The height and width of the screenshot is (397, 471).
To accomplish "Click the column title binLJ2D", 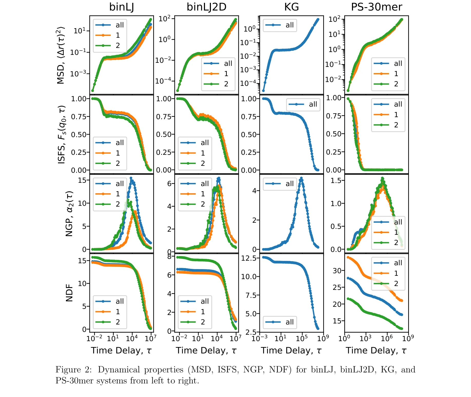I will [x=206, y=7].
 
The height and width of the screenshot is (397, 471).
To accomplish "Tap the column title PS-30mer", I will [x=376, y=7].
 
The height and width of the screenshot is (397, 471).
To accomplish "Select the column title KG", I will [x=291, y=7].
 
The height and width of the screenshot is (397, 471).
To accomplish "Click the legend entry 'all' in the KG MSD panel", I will [x=289, y=25].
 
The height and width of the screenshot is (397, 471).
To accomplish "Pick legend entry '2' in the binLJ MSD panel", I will [x=117, y=46].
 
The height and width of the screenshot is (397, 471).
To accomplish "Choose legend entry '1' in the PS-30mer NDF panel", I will [x=396, y=273].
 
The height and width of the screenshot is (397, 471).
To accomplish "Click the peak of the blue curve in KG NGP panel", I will [x=301, y=178].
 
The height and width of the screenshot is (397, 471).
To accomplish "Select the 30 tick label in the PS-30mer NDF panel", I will [x=337, y=271].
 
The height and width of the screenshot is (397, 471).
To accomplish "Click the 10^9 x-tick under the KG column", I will [x=323, y=339].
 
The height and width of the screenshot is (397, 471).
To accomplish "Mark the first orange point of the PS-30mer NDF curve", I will [x=348, y=257].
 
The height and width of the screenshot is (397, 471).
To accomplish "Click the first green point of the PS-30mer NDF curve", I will [x=348, y=299].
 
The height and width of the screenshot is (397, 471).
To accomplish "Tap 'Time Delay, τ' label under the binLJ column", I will [x=121, y=350].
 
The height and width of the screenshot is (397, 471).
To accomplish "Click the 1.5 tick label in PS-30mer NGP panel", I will [x=336, y=181].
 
